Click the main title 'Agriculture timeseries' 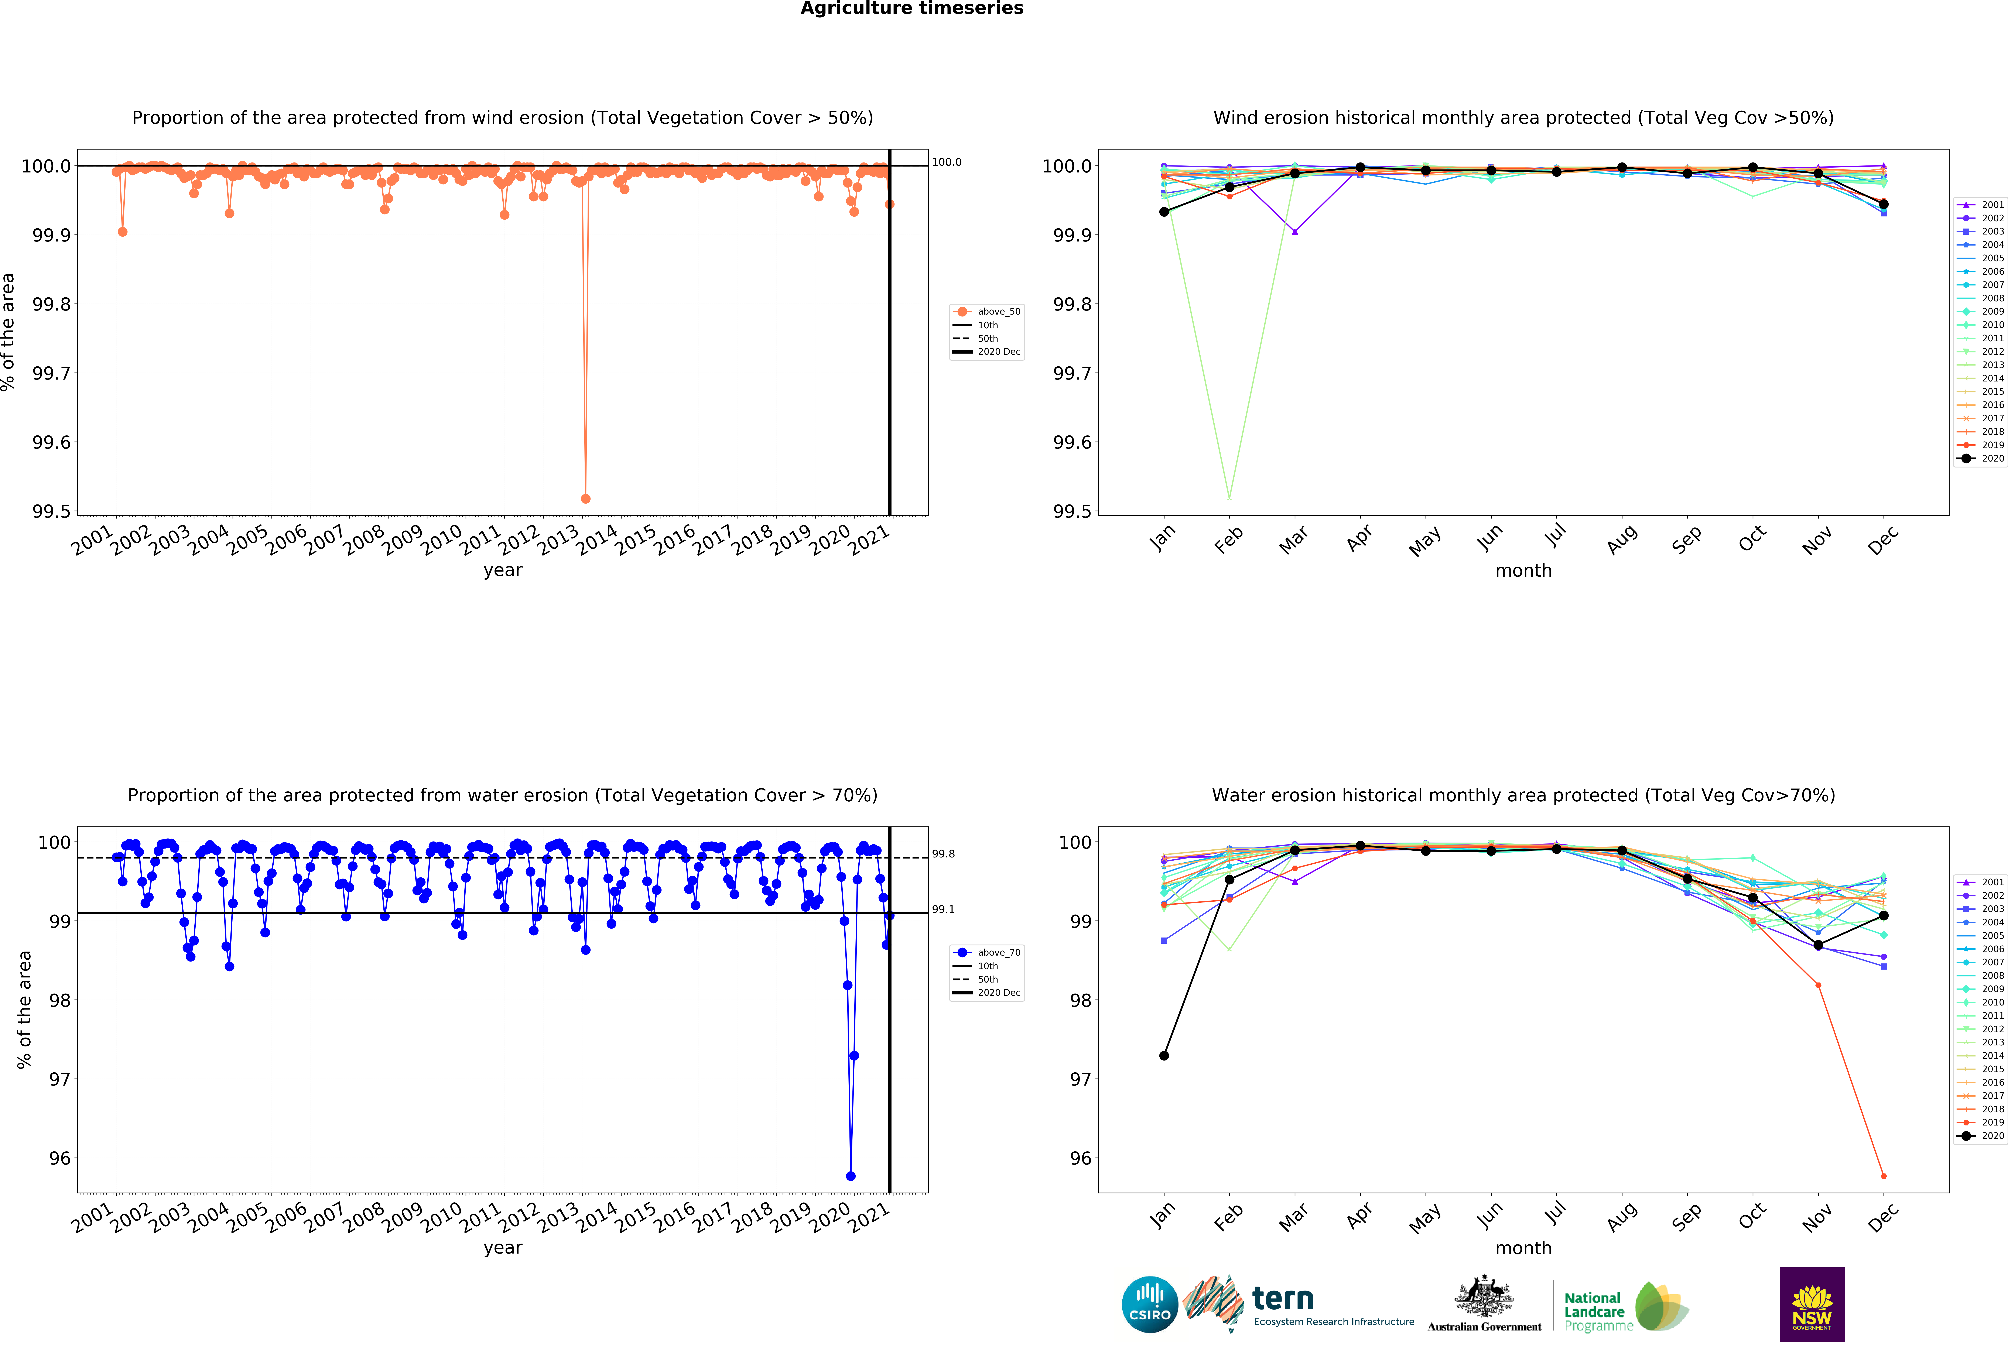(911, 9)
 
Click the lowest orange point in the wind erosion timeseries (586, 498)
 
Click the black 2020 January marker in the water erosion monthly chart (1164, 1056)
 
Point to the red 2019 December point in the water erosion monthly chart (1884, 1176)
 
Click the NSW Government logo (1812, 1304)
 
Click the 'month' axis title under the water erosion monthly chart (1523, 1248)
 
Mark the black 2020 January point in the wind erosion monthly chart (1164, 212)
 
